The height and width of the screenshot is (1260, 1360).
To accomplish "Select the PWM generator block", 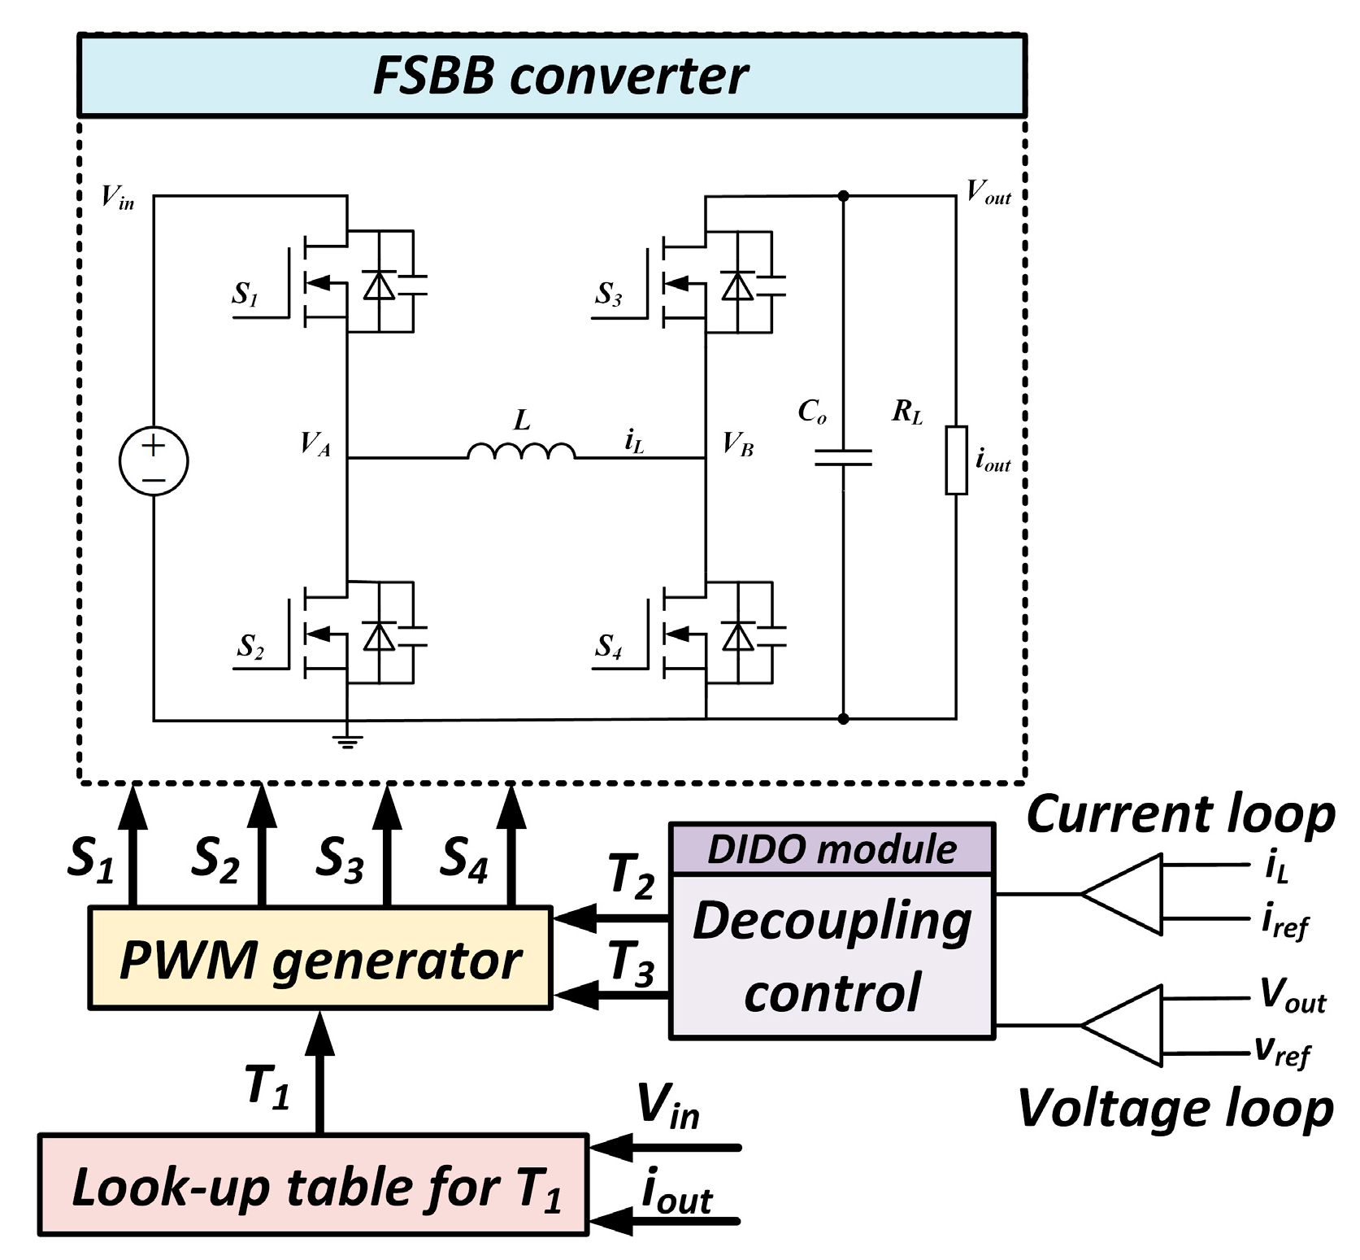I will click(x=319, y=958).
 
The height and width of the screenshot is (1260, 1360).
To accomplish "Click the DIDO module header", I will click(x=832, y=848).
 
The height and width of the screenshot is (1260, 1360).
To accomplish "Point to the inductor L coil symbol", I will click(x=521, y=451).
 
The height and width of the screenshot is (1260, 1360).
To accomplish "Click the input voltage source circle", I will click(x=154, y=461).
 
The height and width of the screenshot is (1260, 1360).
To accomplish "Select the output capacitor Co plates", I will click(x=843, y=458).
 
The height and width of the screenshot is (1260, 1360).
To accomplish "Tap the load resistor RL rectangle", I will click(x=956, y=460).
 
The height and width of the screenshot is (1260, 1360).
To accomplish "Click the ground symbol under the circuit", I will click(x=347, y=739).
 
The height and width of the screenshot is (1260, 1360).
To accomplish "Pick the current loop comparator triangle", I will click(x=1126, y=894).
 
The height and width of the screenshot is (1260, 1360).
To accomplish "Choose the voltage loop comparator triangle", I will click(x=1126, y=1026).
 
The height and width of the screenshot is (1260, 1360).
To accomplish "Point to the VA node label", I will click(x=315, y=444).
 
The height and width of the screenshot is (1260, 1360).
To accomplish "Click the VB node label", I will click(x=738, y=444).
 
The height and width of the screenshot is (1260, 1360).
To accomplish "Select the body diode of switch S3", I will click(x=737, y=286).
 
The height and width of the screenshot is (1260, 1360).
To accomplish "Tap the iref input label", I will click(x=1284, y=922).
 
